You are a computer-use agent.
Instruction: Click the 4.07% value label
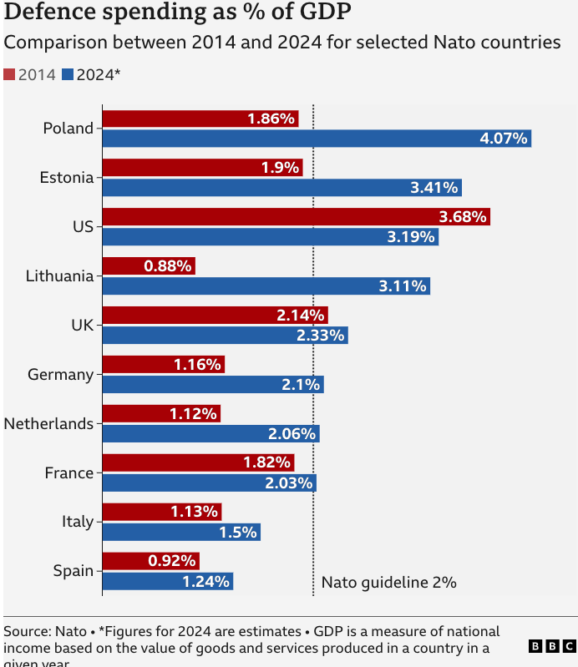[x=504, y=139]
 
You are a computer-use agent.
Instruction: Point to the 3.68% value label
[x=462, y=217]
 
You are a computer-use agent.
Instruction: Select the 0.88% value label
[x=169, y=266]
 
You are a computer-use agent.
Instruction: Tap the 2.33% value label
[x=321, y=336]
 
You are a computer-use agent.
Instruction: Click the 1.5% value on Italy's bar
[x=238, y=532]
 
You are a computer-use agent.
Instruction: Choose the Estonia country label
[x=67, y=177]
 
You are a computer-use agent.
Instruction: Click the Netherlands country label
[x=48, y=423]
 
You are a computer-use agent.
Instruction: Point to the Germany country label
[x=60, y=374]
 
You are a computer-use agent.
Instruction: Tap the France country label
[x=68, y=472]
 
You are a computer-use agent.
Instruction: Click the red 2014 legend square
[x=9, y=74]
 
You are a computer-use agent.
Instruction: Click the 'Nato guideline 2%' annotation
[x=388, y=583]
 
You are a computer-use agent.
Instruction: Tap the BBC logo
[x=552, y=645]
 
